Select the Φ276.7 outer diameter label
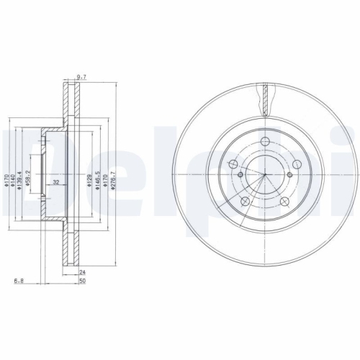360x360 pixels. coord(114,186)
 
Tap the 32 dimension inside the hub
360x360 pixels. coord(55,182)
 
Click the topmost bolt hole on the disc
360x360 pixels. coord(264,143)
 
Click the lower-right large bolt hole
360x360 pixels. coord(284,202)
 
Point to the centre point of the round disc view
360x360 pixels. coord(265,177)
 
